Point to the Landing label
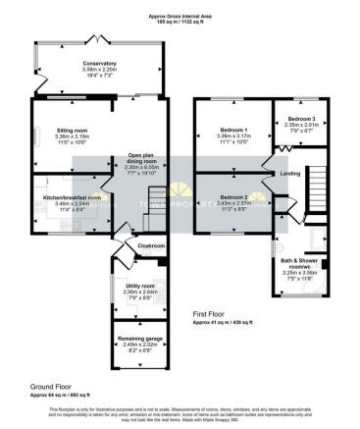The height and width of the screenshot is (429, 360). tap(290, 176)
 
